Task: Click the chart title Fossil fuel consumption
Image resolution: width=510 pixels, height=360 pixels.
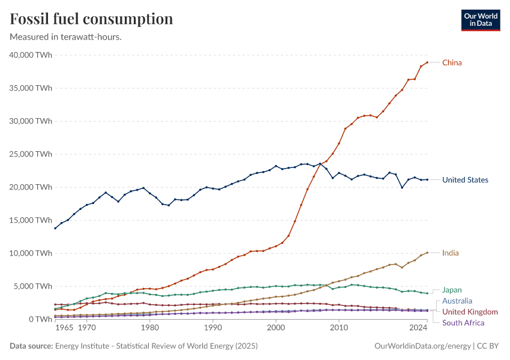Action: coord(92,19)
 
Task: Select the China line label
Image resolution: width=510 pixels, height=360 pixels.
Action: coord(452,62)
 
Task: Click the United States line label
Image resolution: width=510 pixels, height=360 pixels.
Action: coord(465,180)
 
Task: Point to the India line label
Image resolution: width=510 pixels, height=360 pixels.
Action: coord(451,253)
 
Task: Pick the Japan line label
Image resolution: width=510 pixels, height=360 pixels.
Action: coord(452,290)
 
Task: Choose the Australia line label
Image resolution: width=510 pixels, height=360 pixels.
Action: coord(457,301)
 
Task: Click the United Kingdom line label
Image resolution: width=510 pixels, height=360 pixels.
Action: coord(470,312)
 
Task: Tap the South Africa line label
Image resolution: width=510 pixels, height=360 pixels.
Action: coord(463,323)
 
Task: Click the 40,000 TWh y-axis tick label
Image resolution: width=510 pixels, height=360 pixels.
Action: coord(31,55)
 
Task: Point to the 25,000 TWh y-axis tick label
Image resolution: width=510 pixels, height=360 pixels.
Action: coord(31,154)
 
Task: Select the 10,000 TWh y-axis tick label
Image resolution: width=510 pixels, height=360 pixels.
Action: coord(31,253)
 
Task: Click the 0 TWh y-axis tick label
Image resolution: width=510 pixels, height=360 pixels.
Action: coord(40,319)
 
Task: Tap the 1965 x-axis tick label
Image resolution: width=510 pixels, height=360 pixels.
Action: coord(64,329)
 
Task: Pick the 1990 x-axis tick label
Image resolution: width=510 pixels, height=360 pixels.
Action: coord(212,329)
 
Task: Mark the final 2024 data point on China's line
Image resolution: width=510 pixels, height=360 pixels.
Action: coord(427,62)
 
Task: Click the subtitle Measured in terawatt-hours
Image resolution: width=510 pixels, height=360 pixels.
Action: coord(66,37)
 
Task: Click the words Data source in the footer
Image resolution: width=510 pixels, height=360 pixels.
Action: coord(31,346)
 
